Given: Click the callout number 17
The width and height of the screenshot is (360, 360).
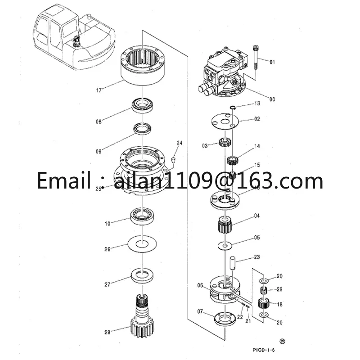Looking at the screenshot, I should [x=98, y=90].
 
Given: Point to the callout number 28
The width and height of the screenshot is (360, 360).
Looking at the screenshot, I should [x=107, y=333].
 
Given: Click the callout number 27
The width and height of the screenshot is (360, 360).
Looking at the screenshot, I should [x=107, y=284].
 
